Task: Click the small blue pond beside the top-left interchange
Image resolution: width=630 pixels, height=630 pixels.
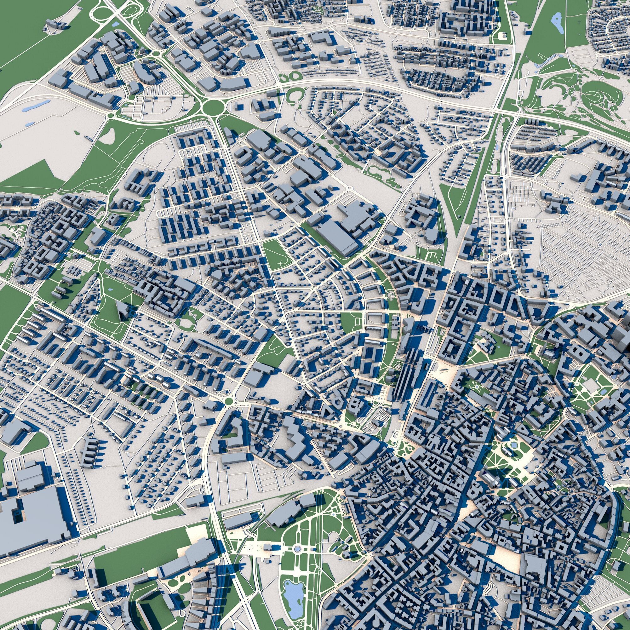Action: click(x=115, y=24)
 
